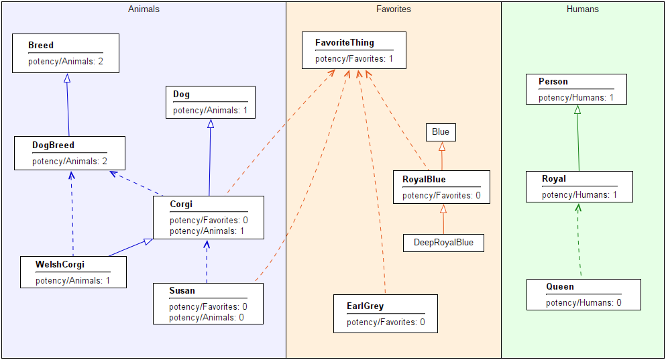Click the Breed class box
tap(66, 54)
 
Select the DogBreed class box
tap(70, 153)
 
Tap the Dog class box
tap(211, 102)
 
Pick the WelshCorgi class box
tap(73, 272)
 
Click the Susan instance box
tap(208, 303)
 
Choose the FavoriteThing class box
tap(354, 50)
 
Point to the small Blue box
tap(441, 132)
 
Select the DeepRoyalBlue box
tap(443, 243)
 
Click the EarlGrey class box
tap(386, 314)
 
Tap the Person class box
tap(577, 89)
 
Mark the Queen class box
tap(583, 294)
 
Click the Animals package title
tap(144, 9)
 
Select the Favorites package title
tap(394, 9)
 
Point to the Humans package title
tap(583, 9)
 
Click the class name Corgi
tap(181, 204)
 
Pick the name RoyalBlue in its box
tap(424, 180)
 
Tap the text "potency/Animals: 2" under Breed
tap(65, 62)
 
